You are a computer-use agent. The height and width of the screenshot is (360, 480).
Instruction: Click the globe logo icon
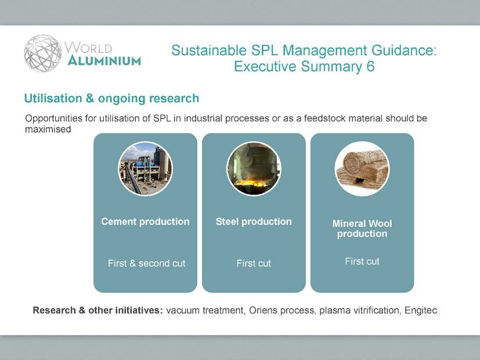click(x=43, y=53)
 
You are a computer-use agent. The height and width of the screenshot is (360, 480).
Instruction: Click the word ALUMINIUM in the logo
click(x=104, y=60)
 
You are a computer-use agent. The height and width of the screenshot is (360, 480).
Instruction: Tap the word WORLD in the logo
click(x=88, y=48)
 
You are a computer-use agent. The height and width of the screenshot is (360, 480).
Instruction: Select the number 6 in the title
click(x=370, y=66)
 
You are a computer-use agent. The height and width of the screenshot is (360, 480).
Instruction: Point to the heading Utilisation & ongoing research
click(x=112, y=99)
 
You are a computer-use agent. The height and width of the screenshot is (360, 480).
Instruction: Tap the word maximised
click(x=48, y=129)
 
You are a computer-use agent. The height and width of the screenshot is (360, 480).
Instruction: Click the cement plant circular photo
click(x=146, y=168)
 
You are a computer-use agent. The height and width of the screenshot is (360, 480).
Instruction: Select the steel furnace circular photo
click(x=254, y=168)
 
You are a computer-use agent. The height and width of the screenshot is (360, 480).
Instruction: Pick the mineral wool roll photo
click(x=362, y=168)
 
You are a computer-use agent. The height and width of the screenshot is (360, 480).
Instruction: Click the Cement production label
click(x=146, y=222)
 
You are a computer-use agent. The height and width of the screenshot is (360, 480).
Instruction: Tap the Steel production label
click(x=254, y=222)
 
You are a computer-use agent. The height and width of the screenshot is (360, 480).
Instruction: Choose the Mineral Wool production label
click(x=362, y=228)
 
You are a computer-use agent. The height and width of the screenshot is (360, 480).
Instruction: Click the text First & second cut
click(x=147, y=263)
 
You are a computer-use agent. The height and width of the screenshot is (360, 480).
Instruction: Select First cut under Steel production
click(x=254, y=263)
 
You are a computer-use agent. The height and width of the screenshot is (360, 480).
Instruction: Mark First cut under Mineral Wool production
click(x=362, y=261)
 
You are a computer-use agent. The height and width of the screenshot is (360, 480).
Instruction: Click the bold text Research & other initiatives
click(x=98, y=311)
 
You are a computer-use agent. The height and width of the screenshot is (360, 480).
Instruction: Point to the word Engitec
click(x=421, y=311)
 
